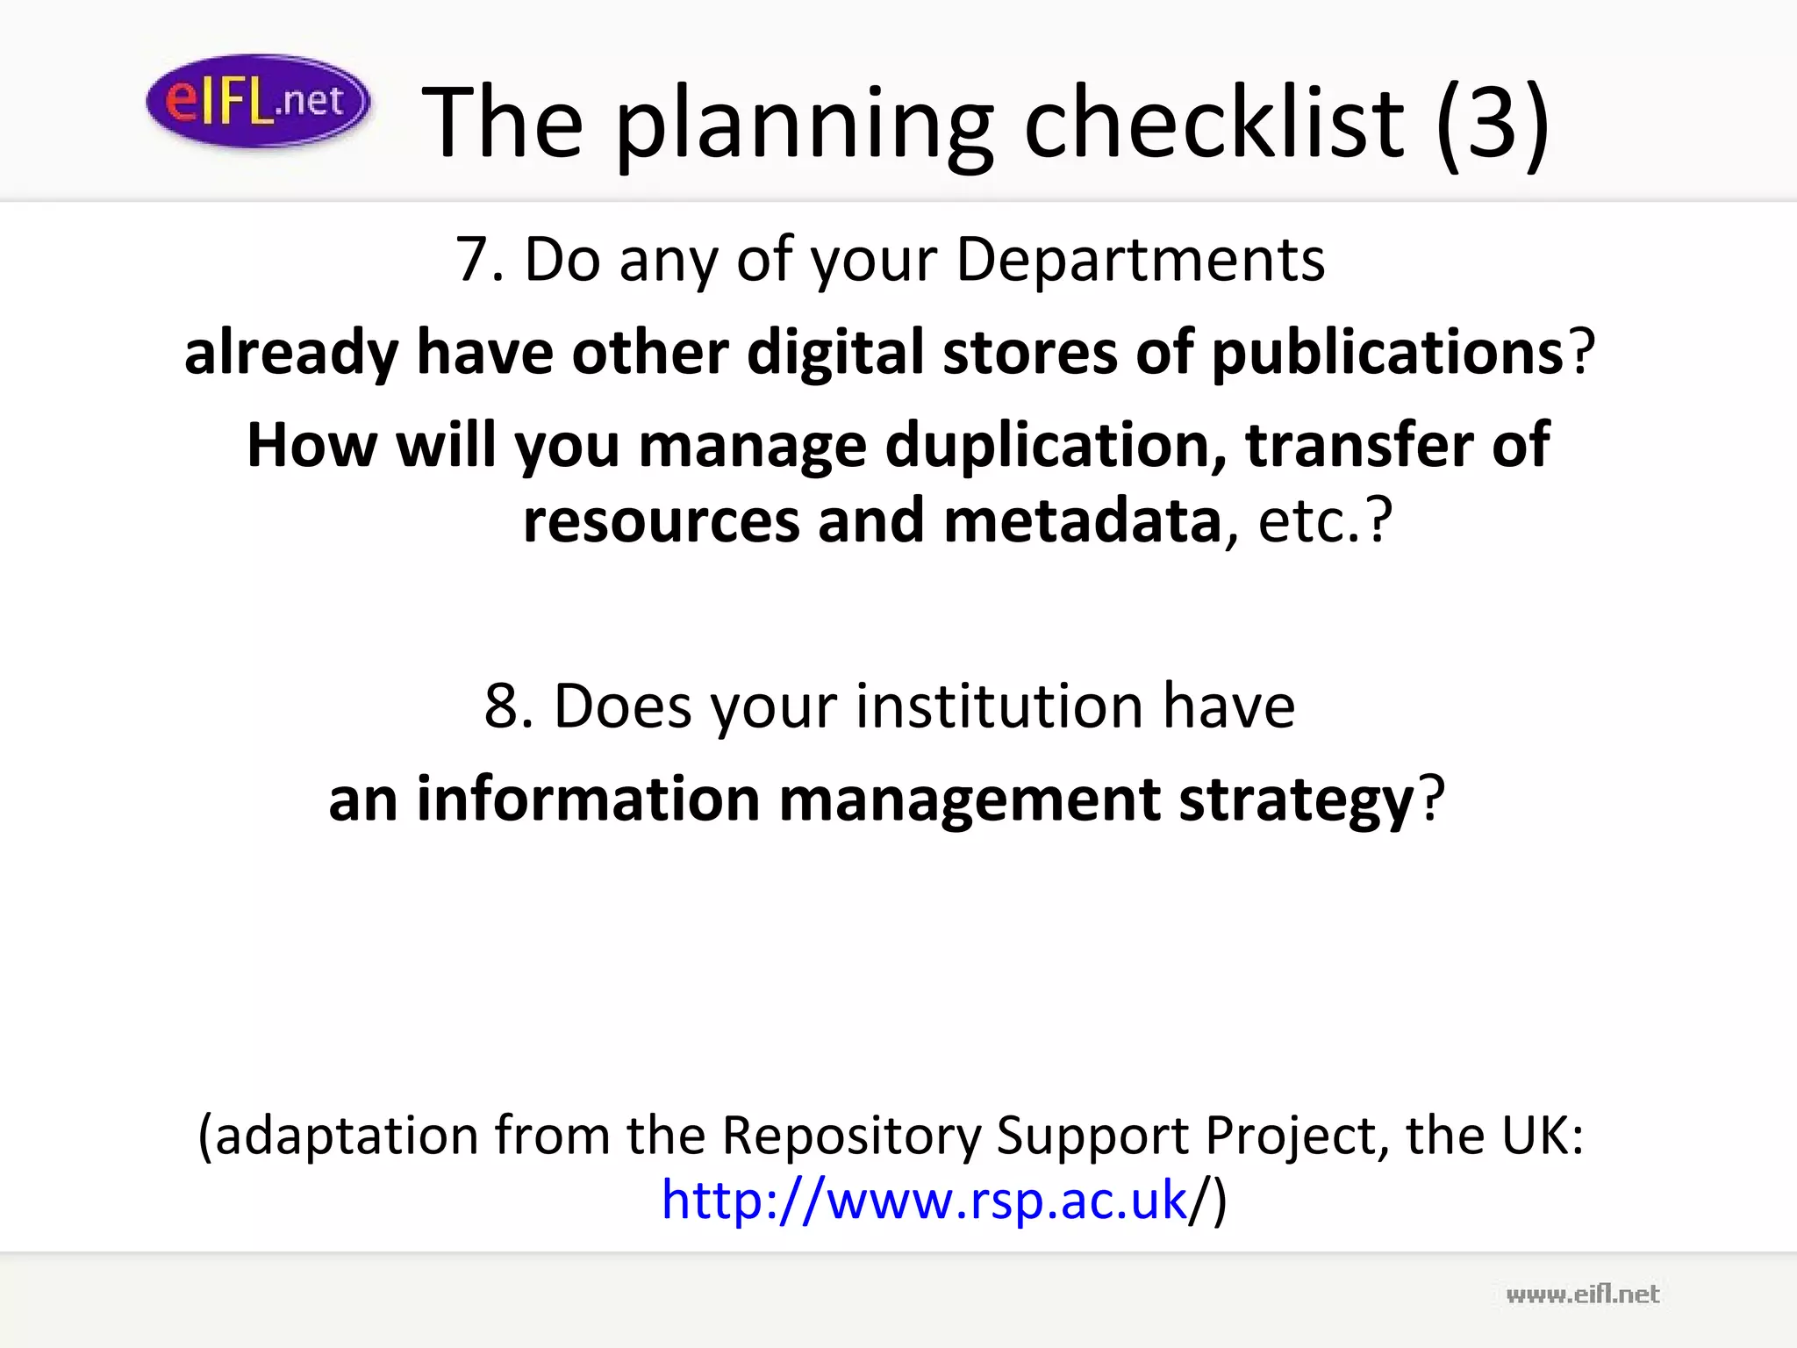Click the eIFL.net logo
point(258,102)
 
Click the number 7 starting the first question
point(474,261)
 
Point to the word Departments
point(1140,261)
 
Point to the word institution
point(999,706)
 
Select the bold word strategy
point(1296,801)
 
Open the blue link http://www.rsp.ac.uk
point(924,1200)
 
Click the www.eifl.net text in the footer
point(1582,1294)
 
